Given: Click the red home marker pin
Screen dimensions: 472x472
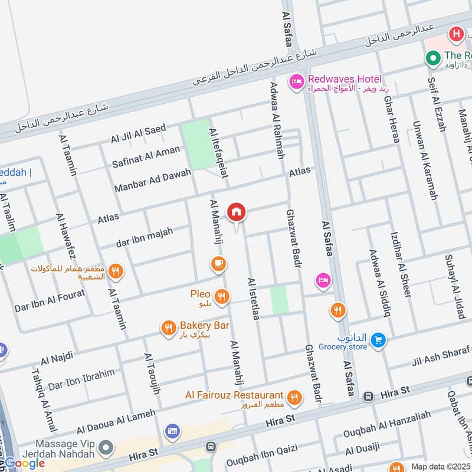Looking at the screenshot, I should click(x=237, y=212).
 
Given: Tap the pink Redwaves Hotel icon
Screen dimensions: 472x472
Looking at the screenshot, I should click(x=296, y=81).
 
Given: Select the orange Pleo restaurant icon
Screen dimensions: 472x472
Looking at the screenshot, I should click(x=222, y=297).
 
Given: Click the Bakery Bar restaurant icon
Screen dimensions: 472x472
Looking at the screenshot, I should click(x=169, y=328).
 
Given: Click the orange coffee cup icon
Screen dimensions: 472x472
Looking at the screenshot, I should click(x=218, y=264).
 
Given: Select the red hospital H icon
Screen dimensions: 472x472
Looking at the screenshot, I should click(x=455, y=34).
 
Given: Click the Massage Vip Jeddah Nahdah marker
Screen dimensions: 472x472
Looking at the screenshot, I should click(x=106, y=447).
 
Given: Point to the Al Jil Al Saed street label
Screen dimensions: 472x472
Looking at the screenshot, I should click(x=138, y=133).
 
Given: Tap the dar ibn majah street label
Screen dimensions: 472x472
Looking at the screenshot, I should click(x=144, y=237).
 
